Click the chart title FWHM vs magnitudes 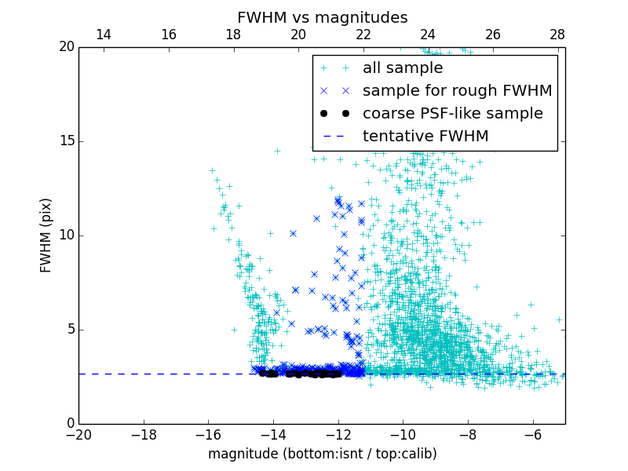tap(322, 17)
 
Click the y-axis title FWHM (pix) tap(46, 235)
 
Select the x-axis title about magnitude tap(322, 454)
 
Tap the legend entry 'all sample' tap(403, 68)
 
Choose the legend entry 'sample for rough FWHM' tap(457, 91)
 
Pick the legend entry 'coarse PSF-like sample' tap(452, 114)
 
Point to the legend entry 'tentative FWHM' tap(425, 137)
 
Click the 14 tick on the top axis tap(103, 35)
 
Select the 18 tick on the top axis tap(233, 35)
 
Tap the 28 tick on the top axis tap(557, 35)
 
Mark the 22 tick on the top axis tap(363, 35)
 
